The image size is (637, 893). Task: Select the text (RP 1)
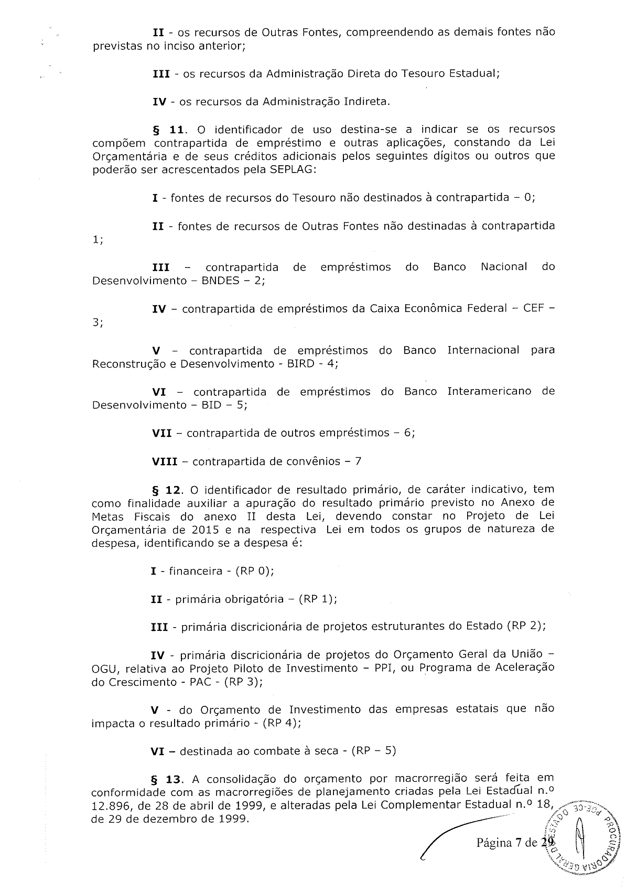point(317,599)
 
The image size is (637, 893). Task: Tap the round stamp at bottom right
point(582,839)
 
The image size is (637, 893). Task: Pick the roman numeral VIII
point(164,462)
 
